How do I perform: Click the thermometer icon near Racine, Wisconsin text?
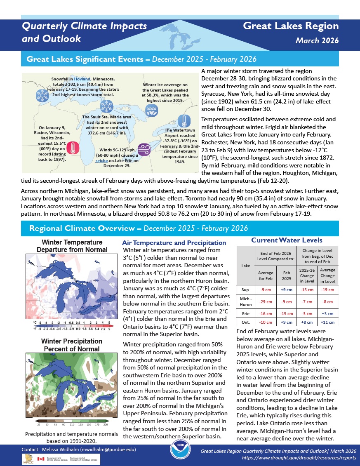tap(73, 148)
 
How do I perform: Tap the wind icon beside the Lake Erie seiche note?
tap(144, 148)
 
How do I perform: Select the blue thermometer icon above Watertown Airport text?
tap(184, 121)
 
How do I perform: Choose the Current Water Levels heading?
tap(287, 240)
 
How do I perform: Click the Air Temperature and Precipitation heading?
tap(174, 243)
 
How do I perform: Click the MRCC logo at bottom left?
tap(28, 459)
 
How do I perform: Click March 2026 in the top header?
tap(317, 41)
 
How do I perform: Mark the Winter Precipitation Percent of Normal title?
tap(71, 345)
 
